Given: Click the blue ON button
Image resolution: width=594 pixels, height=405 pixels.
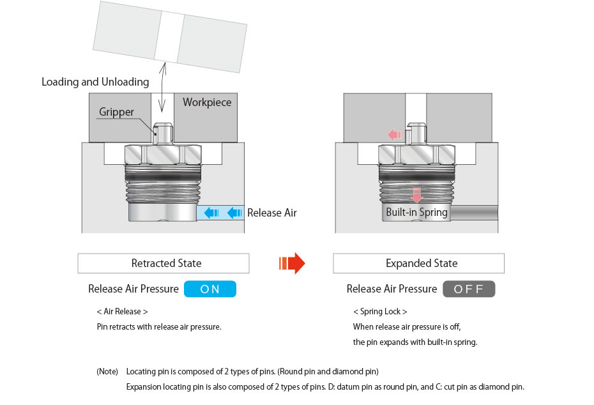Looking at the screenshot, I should [209, 289].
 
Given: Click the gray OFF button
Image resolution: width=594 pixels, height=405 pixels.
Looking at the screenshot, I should [469, 289].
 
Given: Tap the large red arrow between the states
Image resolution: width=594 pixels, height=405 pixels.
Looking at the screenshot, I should [292, 263].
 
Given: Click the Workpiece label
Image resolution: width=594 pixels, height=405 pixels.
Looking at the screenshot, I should [207, 102].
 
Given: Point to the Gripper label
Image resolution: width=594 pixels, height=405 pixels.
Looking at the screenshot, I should [116, 112].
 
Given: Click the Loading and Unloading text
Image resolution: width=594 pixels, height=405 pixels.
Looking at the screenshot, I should [95, 82].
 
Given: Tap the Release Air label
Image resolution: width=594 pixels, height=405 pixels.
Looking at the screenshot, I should [272, 213].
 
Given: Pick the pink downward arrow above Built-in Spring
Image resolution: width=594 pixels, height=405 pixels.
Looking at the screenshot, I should [416, 195].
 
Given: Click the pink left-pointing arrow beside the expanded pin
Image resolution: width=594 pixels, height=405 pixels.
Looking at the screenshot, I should [396, 135].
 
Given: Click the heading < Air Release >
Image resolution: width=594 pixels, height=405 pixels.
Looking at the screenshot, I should [122, 312].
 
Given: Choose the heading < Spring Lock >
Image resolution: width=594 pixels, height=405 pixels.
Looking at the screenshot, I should [380, 312].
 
